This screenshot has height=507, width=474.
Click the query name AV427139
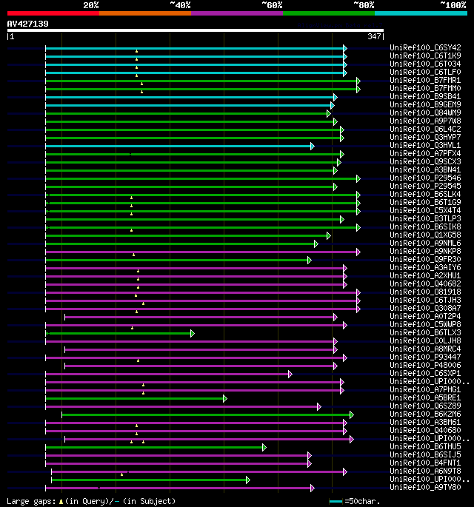pos(27,24)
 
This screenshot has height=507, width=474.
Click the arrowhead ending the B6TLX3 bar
pos(192,333)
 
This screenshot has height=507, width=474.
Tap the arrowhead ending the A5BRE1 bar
pos(224,398)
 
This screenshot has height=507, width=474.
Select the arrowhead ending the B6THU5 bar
pos(263,447)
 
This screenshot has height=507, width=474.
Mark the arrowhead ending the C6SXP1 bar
pos(290,374)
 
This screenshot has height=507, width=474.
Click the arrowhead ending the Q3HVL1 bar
pos(313,146)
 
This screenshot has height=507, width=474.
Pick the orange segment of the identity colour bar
pos(144,13)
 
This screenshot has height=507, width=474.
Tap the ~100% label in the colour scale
pos(452,5)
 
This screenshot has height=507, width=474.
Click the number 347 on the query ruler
pos(373,36)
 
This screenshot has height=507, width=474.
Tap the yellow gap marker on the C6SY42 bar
pos(136,50)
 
